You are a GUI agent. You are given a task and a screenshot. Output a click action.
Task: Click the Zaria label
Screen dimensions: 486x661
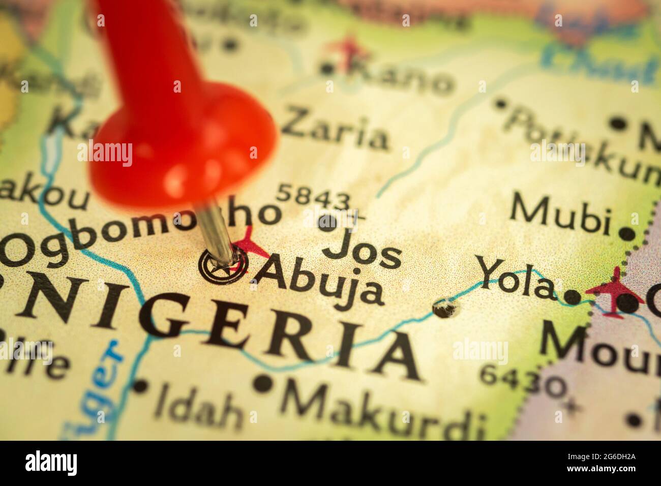pyautogui.click(x=336, y=130)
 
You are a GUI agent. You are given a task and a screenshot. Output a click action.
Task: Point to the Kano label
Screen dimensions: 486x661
pyautogui.click(x=402, y=79)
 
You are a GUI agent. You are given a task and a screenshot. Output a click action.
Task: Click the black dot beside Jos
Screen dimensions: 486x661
pyautogui.click(x=327, y=222)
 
